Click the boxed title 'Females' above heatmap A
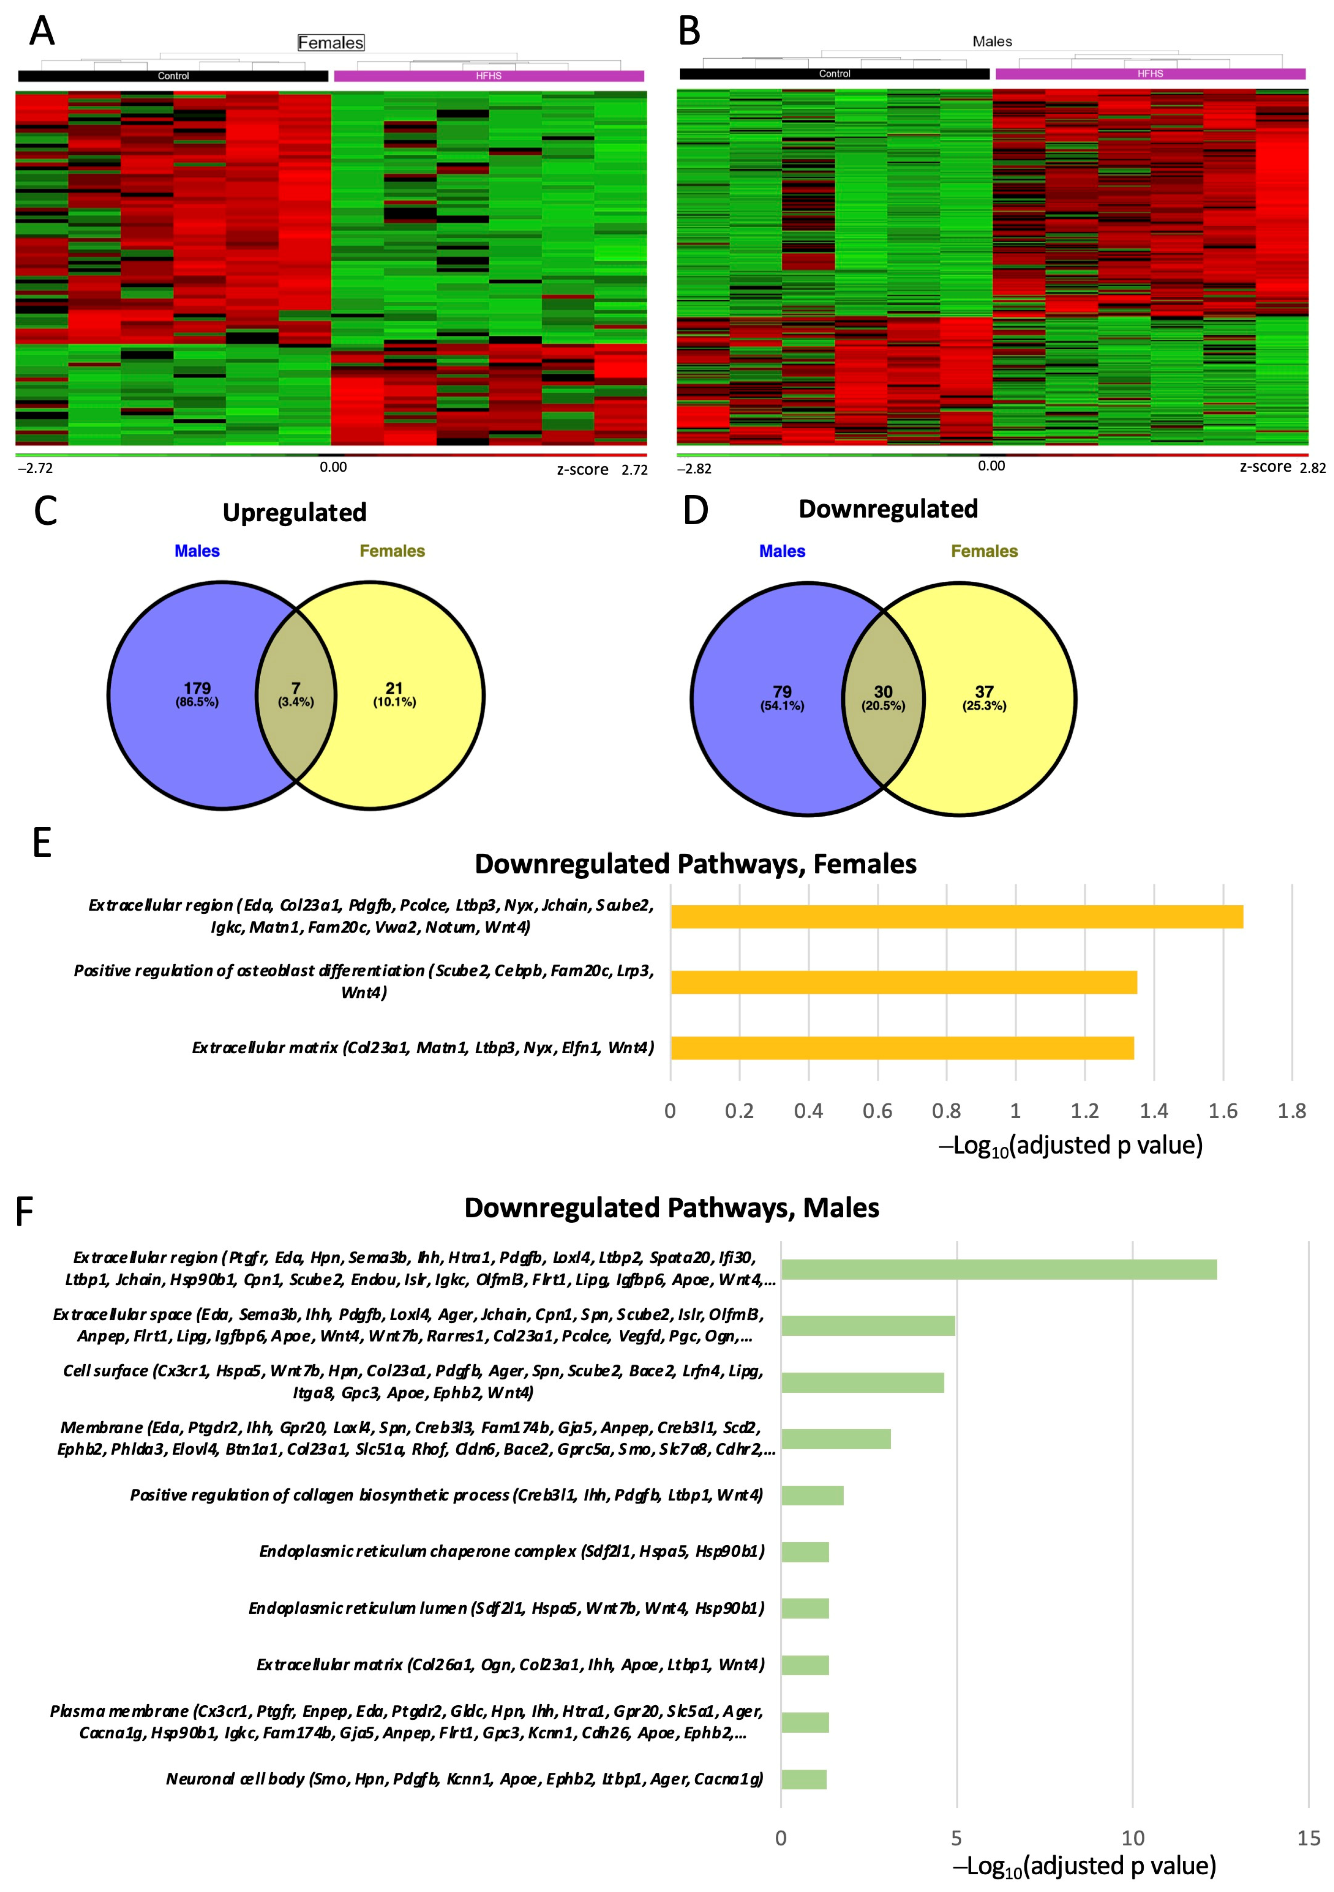click(330, 43)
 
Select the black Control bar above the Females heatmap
click(173, 76)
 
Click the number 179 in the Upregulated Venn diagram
click(197, 688)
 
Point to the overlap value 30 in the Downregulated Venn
click(883, 692)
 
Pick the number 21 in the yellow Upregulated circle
click(394, 688)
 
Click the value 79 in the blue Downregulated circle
click(782, 692)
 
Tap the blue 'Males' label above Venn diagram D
click(782, 551)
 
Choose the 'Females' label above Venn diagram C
click(392, 551)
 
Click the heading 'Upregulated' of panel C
click(294, 512)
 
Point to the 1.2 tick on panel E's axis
click(1084, 1111)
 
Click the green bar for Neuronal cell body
click(803, 1779)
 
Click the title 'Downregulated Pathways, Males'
click(672, 1208)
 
